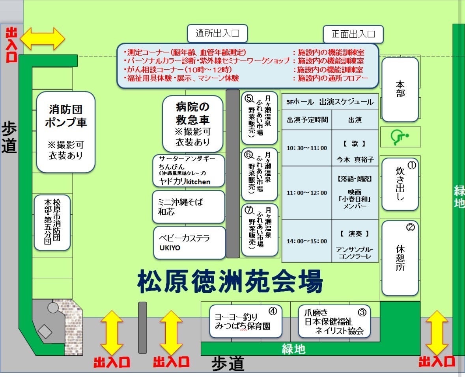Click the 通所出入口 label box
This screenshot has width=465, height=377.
click(x=217, y=34)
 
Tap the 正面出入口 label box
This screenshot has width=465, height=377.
click(x=353, y=34)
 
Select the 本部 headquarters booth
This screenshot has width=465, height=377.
click(x=400, y=89)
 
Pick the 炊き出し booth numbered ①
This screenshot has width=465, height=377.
click(x=400, y=184)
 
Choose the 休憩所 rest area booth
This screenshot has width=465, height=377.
click(x=400, y=258)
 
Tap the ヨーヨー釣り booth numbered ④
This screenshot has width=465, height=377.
click(x=246, y=321)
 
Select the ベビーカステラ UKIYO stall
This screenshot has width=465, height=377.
click(x=189, y=243)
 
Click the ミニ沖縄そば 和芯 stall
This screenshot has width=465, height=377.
click(x=189, y=207)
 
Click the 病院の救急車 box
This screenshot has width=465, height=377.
click(x=192, y=124)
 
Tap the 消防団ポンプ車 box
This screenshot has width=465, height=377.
click(x=66, y=132)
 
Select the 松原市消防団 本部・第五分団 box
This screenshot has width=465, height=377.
click(x=52, y=223)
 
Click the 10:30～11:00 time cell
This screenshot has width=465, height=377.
click(x=307, y=148)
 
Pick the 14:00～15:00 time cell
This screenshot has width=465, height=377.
click(x=307, y=241)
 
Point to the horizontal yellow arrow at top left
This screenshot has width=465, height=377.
click(x=43, y=39)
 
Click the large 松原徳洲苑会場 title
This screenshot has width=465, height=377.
click(x=230, y=281)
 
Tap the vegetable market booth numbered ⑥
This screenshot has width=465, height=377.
click(x=260, y=175)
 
